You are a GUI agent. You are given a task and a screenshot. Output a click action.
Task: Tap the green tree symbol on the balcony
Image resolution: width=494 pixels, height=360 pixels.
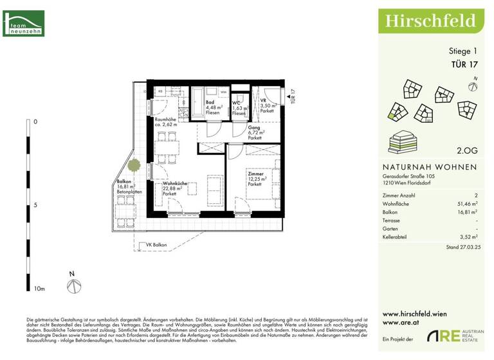coord(134,165)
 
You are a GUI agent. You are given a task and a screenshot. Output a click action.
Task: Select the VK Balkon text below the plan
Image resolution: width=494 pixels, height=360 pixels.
coord(157,246)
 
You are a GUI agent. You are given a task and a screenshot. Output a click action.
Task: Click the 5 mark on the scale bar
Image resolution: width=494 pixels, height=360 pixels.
coord(35,206)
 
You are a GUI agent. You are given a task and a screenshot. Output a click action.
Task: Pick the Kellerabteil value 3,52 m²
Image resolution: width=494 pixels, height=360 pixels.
coord(466,237)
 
